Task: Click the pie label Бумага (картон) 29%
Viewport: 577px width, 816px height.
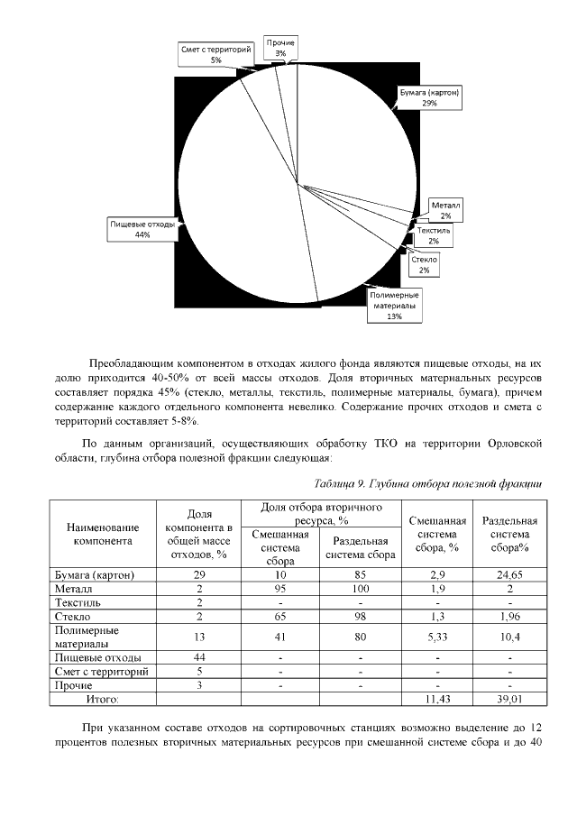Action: coord(430,97)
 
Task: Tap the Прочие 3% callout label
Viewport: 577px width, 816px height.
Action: coord(280,48)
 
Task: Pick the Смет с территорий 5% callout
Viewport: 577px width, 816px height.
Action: coord(215,54)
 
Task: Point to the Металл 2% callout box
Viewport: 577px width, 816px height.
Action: coord(445,211)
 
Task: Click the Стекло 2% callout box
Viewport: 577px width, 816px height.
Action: coord(424,264)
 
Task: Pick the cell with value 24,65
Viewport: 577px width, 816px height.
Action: coord(509,574)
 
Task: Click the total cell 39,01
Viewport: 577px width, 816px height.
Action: coord(509,698)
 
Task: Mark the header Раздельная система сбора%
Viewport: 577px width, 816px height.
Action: coord(509,534)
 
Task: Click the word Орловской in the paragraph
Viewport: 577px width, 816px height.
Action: coord(508,444)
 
